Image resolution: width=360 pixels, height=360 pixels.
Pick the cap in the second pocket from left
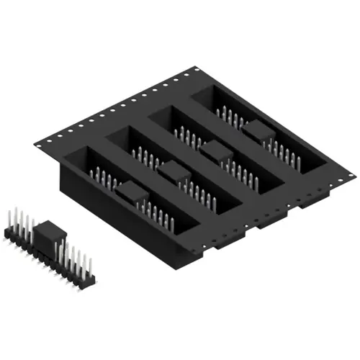[173, 171]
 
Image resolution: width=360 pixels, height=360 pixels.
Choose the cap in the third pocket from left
[214, 150]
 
